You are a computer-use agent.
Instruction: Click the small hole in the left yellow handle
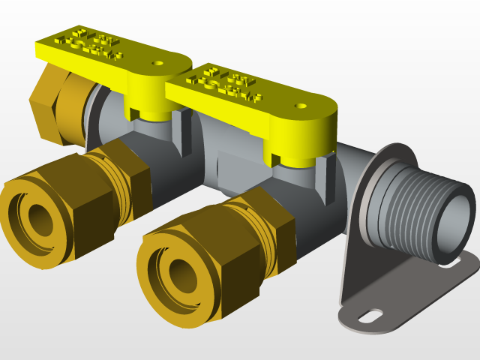[x=158, y=64]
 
